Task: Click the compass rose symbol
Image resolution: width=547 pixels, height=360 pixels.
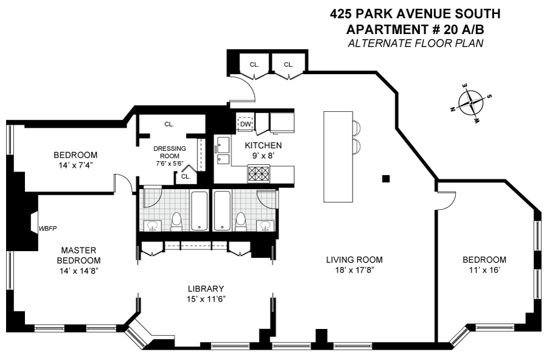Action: click(471, 103)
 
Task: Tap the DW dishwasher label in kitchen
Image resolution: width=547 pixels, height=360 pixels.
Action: click(246, 124)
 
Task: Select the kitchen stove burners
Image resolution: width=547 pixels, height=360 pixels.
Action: click(258, 173)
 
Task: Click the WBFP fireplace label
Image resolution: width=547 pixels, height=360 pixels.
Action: click(48, 229)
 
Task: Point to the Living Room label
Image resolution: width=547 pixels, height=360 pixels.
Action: click(354, 260)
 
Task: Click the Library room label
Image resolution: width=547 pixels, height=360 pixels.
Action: click(206, 289)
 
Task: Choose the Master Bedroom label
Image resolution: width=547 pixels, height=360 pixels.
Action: click(78, 255)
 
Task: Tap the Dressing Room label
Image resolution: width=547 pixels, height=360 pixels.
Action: click(170, 152)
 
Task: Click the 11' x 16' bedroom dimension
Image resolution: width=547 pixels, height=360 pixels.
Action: click(484, 270)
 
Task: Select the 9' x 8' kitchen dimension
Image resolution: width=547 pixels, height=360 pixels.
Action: click(258, 156)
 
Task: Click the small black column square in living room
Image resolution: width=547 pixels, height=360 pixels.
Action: click(386, 179)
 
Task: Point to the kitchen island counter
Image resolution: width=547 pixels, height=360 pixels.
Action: click(338, 156)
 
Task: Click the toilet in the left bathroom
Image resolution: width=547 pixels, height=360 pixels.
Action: click(176, 222)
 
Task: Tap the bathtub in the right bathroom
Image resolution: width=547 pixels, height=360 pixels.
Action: click(222, 210)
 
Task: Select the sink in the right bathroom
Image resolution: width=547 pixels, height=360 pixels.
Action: click(266, 226)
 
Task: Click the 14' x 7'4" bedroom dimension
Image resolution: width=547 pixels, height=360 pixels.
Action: click(75, 165)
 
